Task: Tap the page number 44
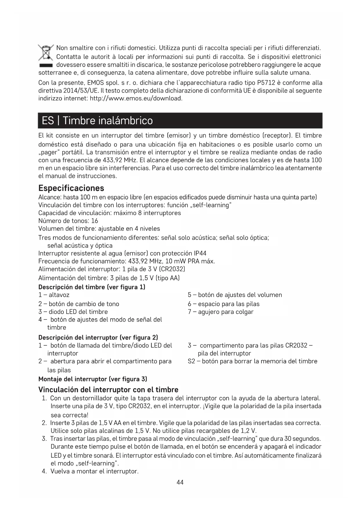pos(180,482)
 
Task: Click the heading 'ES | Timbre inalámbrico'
pos(97,120)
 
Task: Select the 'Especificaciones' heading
pos(71,188)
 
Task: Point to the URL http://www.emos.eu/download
pos(136,98)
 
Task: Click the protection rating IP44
pos(199,253)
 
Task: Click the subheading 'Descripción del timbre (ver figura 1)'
pos(92,287)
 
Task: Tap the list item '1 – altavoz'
pos(54,295)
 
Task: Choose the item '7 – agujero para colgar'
pos(220,312)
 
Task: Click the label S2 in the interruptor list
pos(191,361)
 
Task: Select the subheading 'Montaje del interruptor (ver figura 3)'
pos(93,379)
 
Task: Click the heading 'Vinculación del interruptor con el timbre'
pos(108,389)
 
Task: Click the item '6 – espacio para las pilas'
pos(223,304)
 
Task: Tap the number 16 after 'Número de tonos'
pos(95,221)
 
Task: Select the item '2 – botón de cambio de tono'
pos(79,304)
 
